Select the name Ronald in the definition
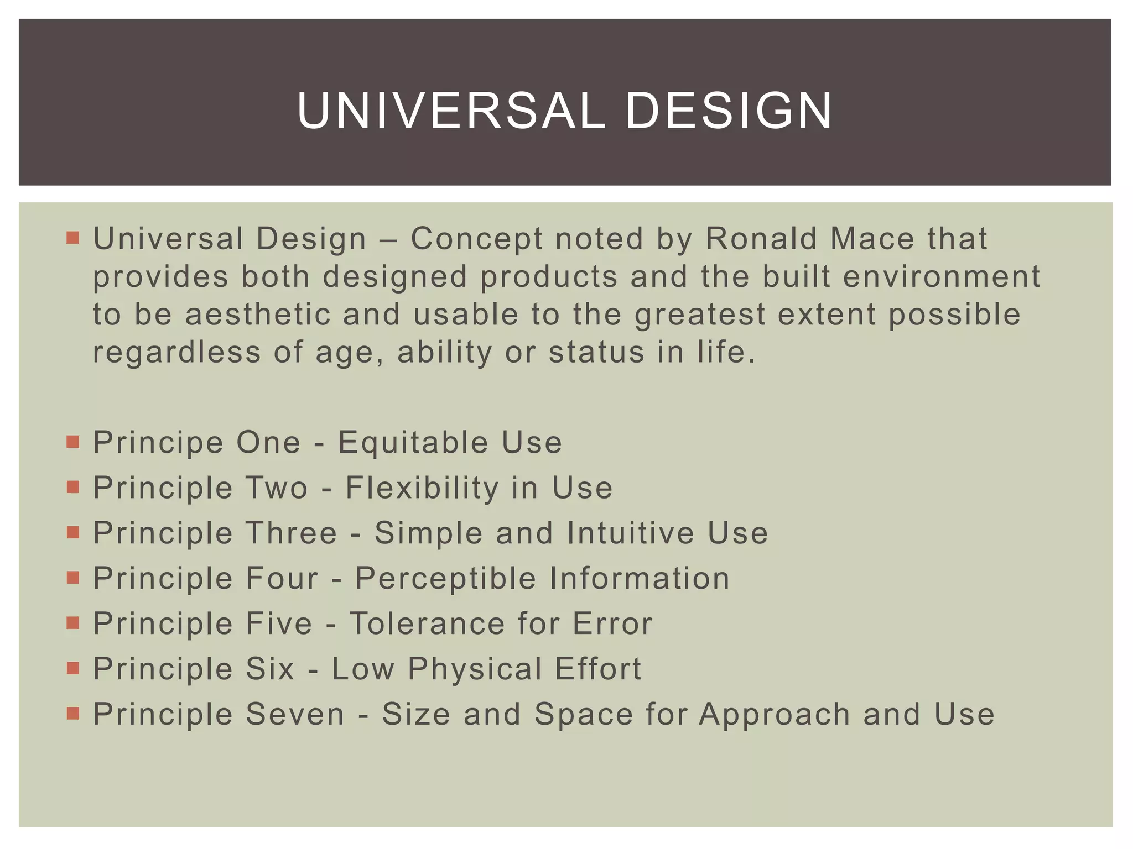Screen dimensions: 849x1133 pyautogui.click(x=761, y=239)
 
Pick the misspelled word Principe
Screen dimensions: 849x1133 pyautogui.click(x=158, y=443)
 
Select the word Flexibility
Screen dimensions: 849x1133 pyautogui.click(x=422, y=488)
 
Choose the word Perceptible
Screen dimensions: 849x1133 pyautogui.click(x=445, y=579)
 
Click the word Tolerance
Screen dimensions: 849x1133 pyautogui.click(x=427, y=624)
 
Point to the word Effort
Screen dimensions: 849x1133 pyautogui.click(x=598, y=669)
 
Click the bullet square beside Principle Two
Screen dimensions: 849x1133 pyautogui.click(x=72, y=487)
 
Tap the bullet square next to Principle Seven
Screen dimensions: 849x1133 pyautogui.click(x=72, y=714)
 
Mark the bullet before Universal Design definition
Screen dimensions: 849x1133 pyautogui.click(x=72, y=238)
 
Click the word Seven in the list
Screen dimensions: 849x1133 pyautogui.click(x=295, y=715)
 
